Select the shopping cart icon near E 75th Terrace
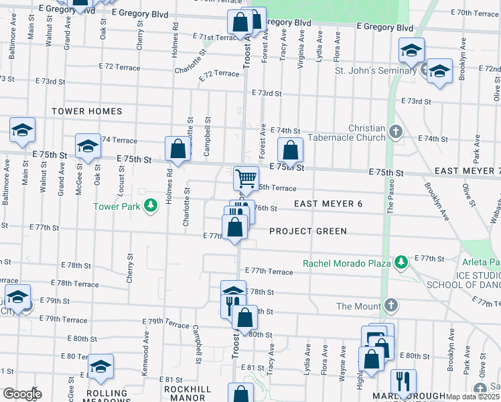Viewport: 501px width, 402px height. (x=246, y=179)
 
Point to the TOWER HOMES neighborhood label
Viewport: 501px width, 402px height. (x=87, y=111)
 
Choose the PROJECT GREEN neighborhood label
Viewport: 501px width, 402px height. (x=308, y=231)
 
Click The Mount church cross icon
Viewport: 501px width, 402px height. (x=392, y=306)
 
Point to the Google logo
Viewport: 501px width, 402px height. (x=21, y=394)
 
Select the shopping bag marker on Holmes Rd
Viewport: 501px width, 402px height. (x=177, y=150)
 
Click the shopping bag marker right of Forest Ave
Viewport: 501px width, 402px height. (x=290, y=151)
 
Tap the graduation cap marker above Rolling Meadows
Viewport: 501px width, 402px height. (x=100, y=366)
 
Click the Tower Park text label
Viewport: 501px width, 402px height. (x=117, y=206)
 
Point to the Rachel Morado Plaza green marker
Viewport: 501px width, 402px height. (x=401, y=263)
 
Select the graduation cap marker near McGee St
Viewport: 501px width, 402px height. (x=87, y=146)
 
